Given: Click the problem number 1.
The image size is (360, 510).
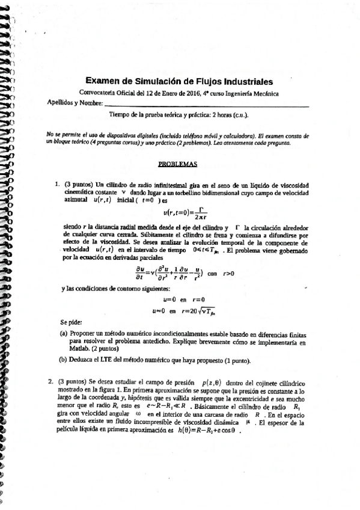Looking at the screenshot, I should coord(56,184).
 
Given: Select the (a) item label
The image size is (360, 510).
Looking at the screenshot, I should coord(63,333).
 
